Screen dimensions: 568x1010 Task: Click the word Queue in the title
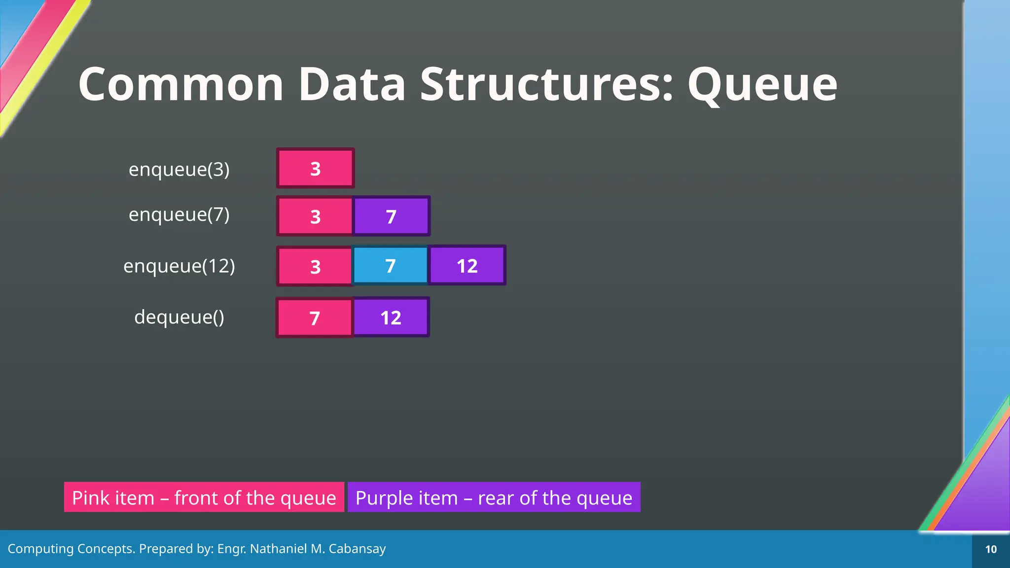click(762, 85)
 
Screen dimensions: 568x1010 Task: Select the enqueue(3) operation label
click(179, 169)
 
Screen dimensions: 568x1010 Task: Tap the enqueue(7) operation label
click(179, 214)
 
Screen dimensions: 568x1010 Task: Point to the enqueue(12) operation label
click(179, 266)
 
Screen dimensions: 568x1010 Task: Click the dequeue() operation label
click(179, 317)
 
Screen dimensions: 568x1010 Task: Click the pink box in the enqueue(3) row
click(316, 168)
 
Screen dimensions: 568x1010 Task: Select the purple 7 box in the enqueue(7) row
click(391, 216)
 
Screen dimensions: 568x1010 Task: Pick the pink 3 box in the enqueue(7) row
click(316, 216)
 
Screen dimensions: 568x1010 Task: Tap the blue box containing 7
click(390, 266)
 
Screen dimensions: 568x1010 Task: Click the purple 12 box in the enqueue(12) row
click(467, 266)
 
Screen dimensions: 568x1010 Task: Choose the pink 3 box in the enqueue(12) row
click(316, 266)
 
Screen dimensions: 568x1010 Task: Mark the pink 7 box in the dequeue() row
click(315, 318)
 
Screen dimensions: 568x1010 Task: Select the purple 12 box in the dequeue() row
click(391, 318)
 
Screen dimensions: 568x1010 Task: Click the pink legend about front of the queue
click(204, 497)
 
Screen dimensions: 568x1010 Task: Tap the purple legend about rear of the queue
click(494, 497)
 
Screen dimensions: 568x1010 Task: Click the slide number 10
click(991, 549)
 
